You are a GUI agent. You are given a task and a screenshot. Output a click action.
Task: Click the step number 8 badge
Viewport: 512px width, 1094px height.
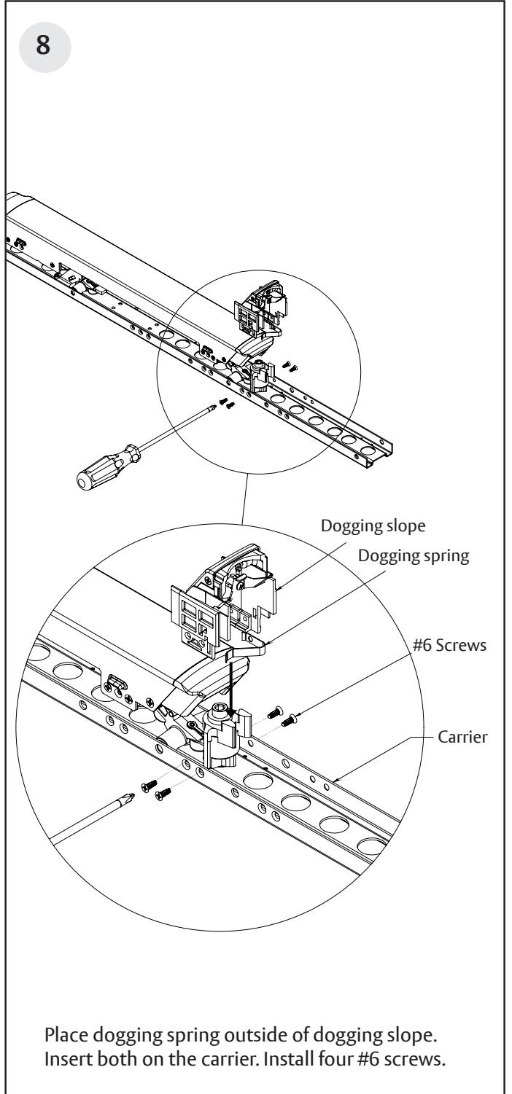(x=44, y=47)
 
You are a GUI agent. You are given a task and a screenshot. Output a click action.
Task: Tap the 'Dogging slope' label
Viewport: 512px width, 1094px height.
(x=373, y=526)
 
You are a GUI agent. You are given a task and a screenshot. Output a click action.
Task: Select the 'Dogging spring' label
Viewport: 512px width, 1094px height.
(x=414, y=556)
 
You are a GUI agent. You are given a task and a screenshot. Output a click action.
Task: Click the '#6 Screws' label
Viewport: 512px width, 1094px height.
(x=449, y=645)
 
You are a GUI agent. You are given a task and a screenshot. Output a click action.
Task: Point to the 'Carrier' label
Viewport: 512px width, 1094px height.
(x=462, y=736)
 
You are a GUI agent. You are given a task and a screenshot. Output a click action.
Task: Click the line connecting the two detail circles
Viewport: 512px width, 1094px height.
(x=245, y=499)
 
